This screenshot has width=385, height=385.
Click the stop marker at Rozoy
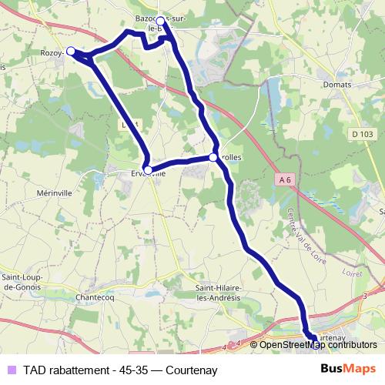[x=71, y=51]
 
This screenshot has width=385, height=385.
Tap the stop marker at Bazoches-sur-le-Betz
[x=160, y=21]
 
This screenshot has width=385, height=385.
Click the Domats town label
[x=337, y=84]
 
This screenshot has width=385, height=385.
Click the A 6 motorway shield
[x=286, y=180]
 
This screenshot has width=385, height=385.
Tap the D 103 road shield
[x=361, y=134]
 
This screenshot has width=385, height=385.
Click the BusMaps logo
[x=348, y=369]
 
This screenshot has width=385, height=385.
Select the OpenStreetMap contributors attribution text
[x=317, y=344]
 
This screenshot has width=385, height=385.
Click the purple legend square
[x=10, y=369]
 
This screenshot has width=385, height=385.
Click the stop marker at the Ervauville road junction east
[x=213, y=157]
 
